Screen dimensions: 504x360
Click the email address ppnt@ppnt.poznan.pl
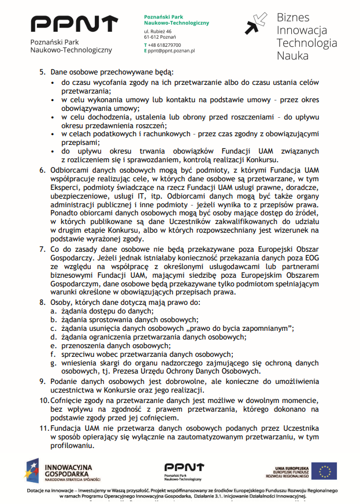point(171,51)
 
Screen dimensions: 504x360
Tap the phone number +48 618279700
point(164,44)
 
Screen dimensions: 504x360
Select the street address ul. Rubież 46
point(158,31)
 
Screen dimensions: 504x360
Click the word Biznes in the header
point(293,18)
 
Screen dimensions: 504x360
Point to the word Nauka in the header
point(292,56)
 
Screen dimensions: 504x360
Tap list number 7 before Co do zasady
point(42,249)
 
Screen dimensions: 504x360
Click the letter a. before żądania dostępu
point(53,311)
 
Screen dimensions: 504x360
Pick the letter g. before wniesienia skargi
point(53,363)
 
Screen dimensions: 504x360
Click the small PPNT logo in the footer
point(184,471)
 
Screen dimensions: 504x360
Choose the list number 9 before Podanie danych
point(42,380)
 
